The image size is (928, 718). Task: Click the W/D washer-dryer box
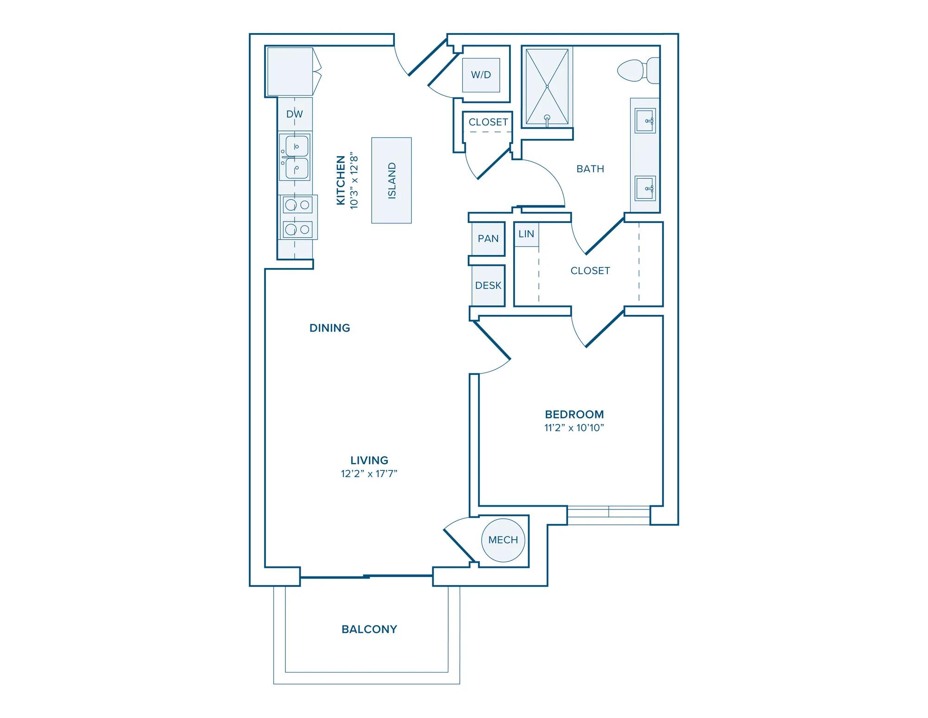point(481,75)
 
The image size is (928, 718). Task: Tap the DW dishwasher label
point(295,114)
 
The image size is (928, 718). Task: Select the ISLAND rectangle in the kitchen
point(391,180)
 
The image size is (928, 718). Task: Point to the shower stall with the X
point(547,86)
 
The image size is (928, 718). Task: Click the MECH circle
point(503,540)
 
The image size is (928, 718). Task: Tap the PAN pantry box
point(488,239)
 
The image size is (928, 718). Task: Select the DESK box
point(488,285)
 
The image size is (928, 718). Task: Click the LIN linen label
point(526,234)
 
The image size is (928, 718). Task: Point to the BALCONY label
point(369,629)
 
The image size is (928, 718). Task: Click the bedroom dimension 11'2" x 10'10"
point(574,428)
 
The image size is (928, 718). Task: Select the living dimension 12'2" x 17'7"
point(369,474)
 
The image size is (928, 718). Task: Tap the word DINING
point(329,328)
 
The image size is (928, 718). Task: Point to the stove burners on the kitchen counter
point(297,217)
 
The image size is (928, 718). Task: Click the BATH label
point(590,169)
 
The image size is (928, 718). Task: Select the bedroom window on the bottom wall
point(608,515)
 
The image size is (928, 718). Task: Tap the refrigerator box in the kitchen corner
point(290,72)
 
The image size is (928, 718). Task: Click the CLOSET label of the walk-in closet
point(590,271)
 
